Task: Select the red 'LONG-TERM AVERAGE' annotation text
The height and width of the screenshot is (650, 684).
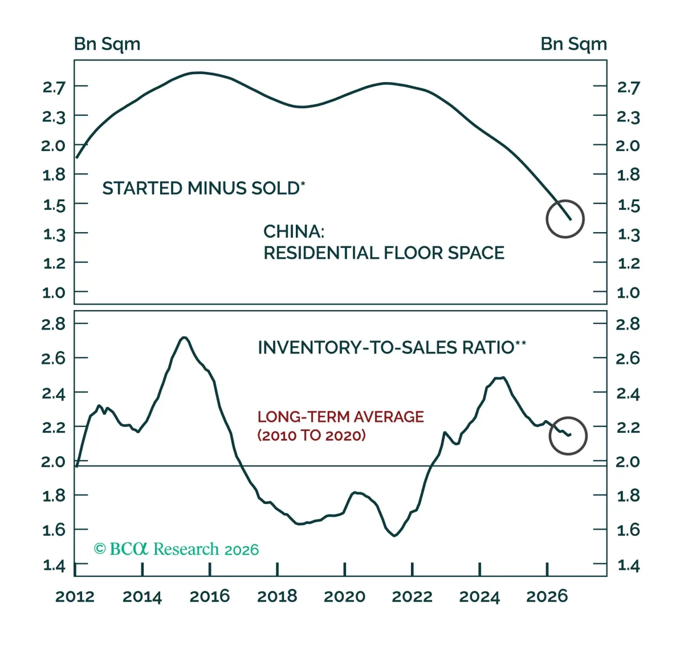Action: (x=341, y=417)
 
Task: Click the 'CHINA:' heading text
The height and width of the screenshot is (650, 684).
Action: (x=294, y=231)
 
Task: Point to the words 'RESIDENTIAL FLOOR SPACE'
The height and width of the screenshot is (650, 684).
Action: (x=384, y=253)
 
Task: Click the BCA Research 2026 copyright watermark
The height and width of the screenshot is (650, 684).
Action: (x=176, y=549)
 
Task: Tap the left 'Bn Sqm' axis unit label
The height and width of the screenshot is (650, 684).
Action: (x=107, y=44)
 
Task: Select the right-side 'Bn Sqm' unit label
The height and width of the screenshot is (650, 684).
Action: (x=574, y=44)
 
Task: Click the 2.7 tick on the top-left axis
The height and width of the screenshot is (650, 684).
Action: (x=54, y=87)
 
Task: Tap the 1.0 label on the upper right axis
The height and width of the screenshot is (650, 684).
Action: (x=628, y=293)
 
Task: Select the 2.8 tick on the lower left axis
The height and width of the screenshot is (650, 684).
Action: (x=53, y=324)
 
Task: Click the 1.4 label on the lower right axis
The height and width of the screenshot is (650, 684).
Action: (x=628, y=566)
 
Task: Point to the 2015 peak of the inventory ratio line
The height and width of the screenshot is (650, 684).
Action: (x=184, y=338)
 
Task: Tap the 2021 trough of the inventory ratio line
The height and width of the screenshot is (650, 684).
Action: (x=394, y=535)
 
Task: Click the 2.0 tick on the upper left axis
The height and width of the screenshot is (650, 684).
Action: (x=53, y=146)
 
